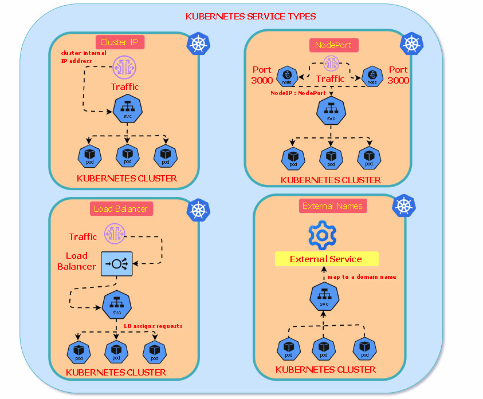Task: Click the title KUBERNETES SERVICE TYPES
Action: pos(250,17)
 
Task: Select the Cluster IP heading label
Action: pos(120,42)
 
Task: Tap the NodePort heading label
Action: pos(333,45)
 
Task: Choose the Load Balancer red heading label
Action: pos(120,209)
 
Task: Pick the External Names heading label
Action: pos(332,206)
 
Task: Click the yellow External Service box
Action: pos(326,259)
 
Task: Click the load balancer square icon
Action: pos(117,264)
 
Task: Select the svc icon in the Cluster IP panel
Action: pos(127,109)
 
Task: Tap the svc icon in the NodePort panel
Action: pos(331,111)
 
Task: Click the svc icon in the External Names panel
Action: pos(324,297)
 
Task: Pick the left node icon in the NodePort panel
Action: pos(287,76)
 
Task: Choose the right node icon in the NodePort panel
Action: pos(372,76)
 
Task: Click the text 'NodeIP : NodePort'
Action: pos(298,93)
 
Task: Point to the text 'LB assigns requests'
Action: pos(153,326)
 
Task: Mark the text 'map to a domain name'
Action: pos(362,277)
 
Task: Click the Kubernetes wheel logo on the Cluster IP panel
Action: pos(198,44)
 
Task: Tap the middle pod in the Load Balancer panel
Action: pos(116,351)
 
